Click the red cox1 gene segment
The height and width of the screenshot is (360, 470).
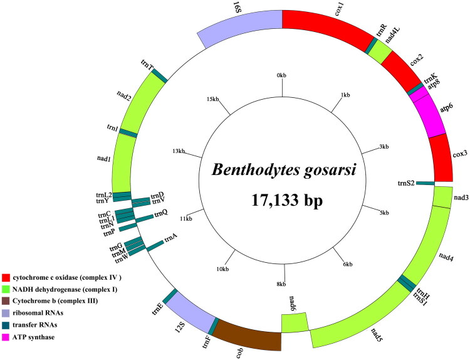326,25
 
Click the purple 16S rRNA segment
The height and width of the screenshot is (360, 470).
241,28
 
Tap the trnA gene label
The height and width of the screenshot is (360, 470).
170,237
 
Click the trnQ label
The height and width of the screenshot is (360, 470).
162,213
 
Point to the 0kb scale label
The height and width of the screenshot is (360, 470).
281,76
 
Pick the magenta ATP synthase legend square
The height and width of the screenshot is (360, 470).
6,337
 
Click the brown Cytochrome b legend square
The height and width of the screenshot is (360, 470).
6,302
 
